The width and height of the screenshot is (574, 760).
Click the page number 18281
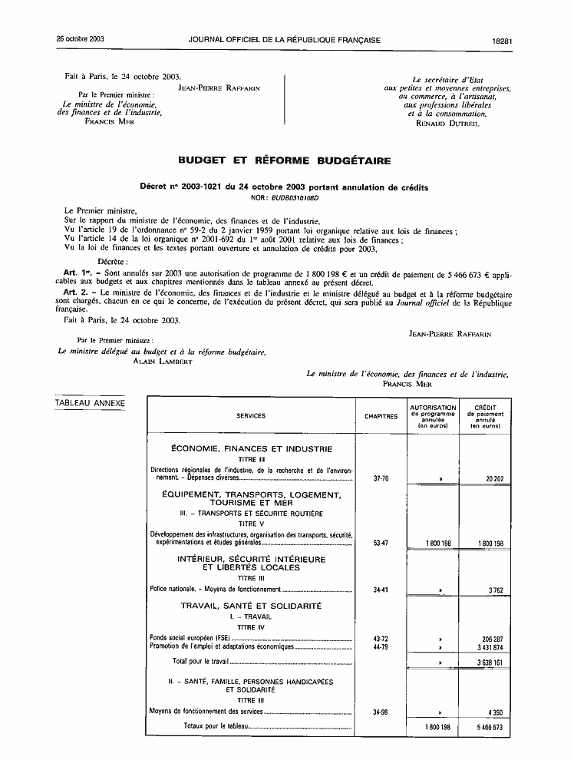point(503,38)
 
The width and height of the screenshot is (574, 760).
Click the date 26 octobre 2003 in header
point(80,38)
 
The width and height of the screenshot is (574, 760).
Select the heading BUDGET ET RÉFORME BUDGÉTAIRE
point(284,160)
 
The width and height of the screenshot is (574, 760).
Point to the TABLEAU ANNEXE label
point(90,403)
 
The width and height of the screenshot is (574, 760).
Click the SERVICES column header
point(251,416)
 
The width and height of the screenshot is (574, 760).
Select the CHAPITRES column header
point(381,416)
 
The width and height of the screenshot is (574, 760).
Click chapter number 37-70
point(381,478)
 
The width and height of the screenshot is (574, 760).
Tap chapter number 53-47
point(381,543)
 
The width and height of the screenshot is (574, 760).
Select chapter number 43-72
point(381,638)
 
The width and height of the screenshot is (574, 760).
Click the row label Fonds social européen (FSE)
point(189,638)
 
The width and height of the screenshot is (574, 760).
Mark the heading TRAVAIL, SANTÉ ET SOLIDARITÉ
point(251,606)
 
